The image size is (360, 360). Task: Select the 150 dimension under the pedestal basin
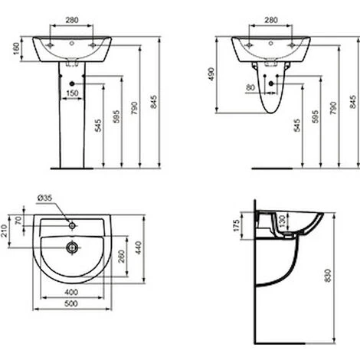(x=71, y=93)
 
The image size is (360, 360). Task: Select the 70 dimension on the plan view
(x=21, y=223)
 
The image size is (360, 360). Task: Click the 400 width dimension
(x=71, y=293)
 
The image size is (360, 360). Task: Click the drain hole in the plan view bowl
(x=71, y=247)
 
